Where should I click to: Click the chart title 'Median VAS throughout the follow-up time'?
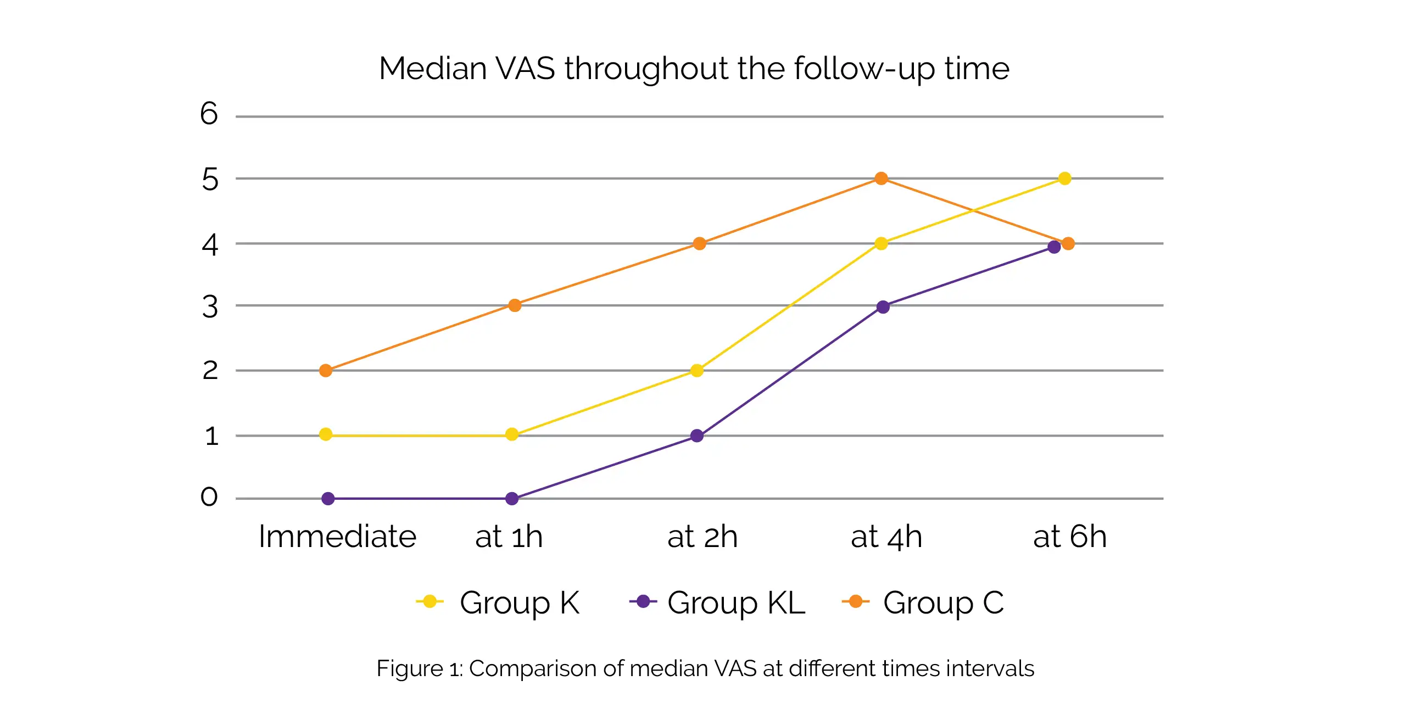tap(694, 69)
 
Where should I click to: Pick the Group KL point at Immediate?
tap(328, 498)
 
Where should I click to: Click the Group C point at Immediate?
tap(326, 370)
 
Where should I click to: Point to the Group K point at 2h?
tap(696, 370)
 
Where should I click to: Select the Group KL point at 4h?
tap(883, 306)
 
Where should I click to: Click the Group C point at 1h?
tap(514, 305)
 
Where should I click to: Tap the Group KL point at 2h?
tap(696, 436)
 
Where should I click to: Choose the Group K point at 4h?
tap(881, 243)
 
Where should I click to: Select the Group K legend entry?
tap(498, 603)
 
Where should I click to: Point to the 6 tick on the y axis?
tap(209, 114)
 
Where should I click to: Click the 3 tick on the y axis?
tap(210, 307)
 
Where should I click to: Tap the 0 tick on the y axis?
tap(209, 497)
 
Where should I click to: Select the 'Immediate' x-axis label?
tap(337, 537)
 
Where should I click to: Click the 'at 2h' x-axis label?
tap(702, 537)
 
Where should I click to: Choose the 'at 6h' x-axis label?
tap(1069, 537)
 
